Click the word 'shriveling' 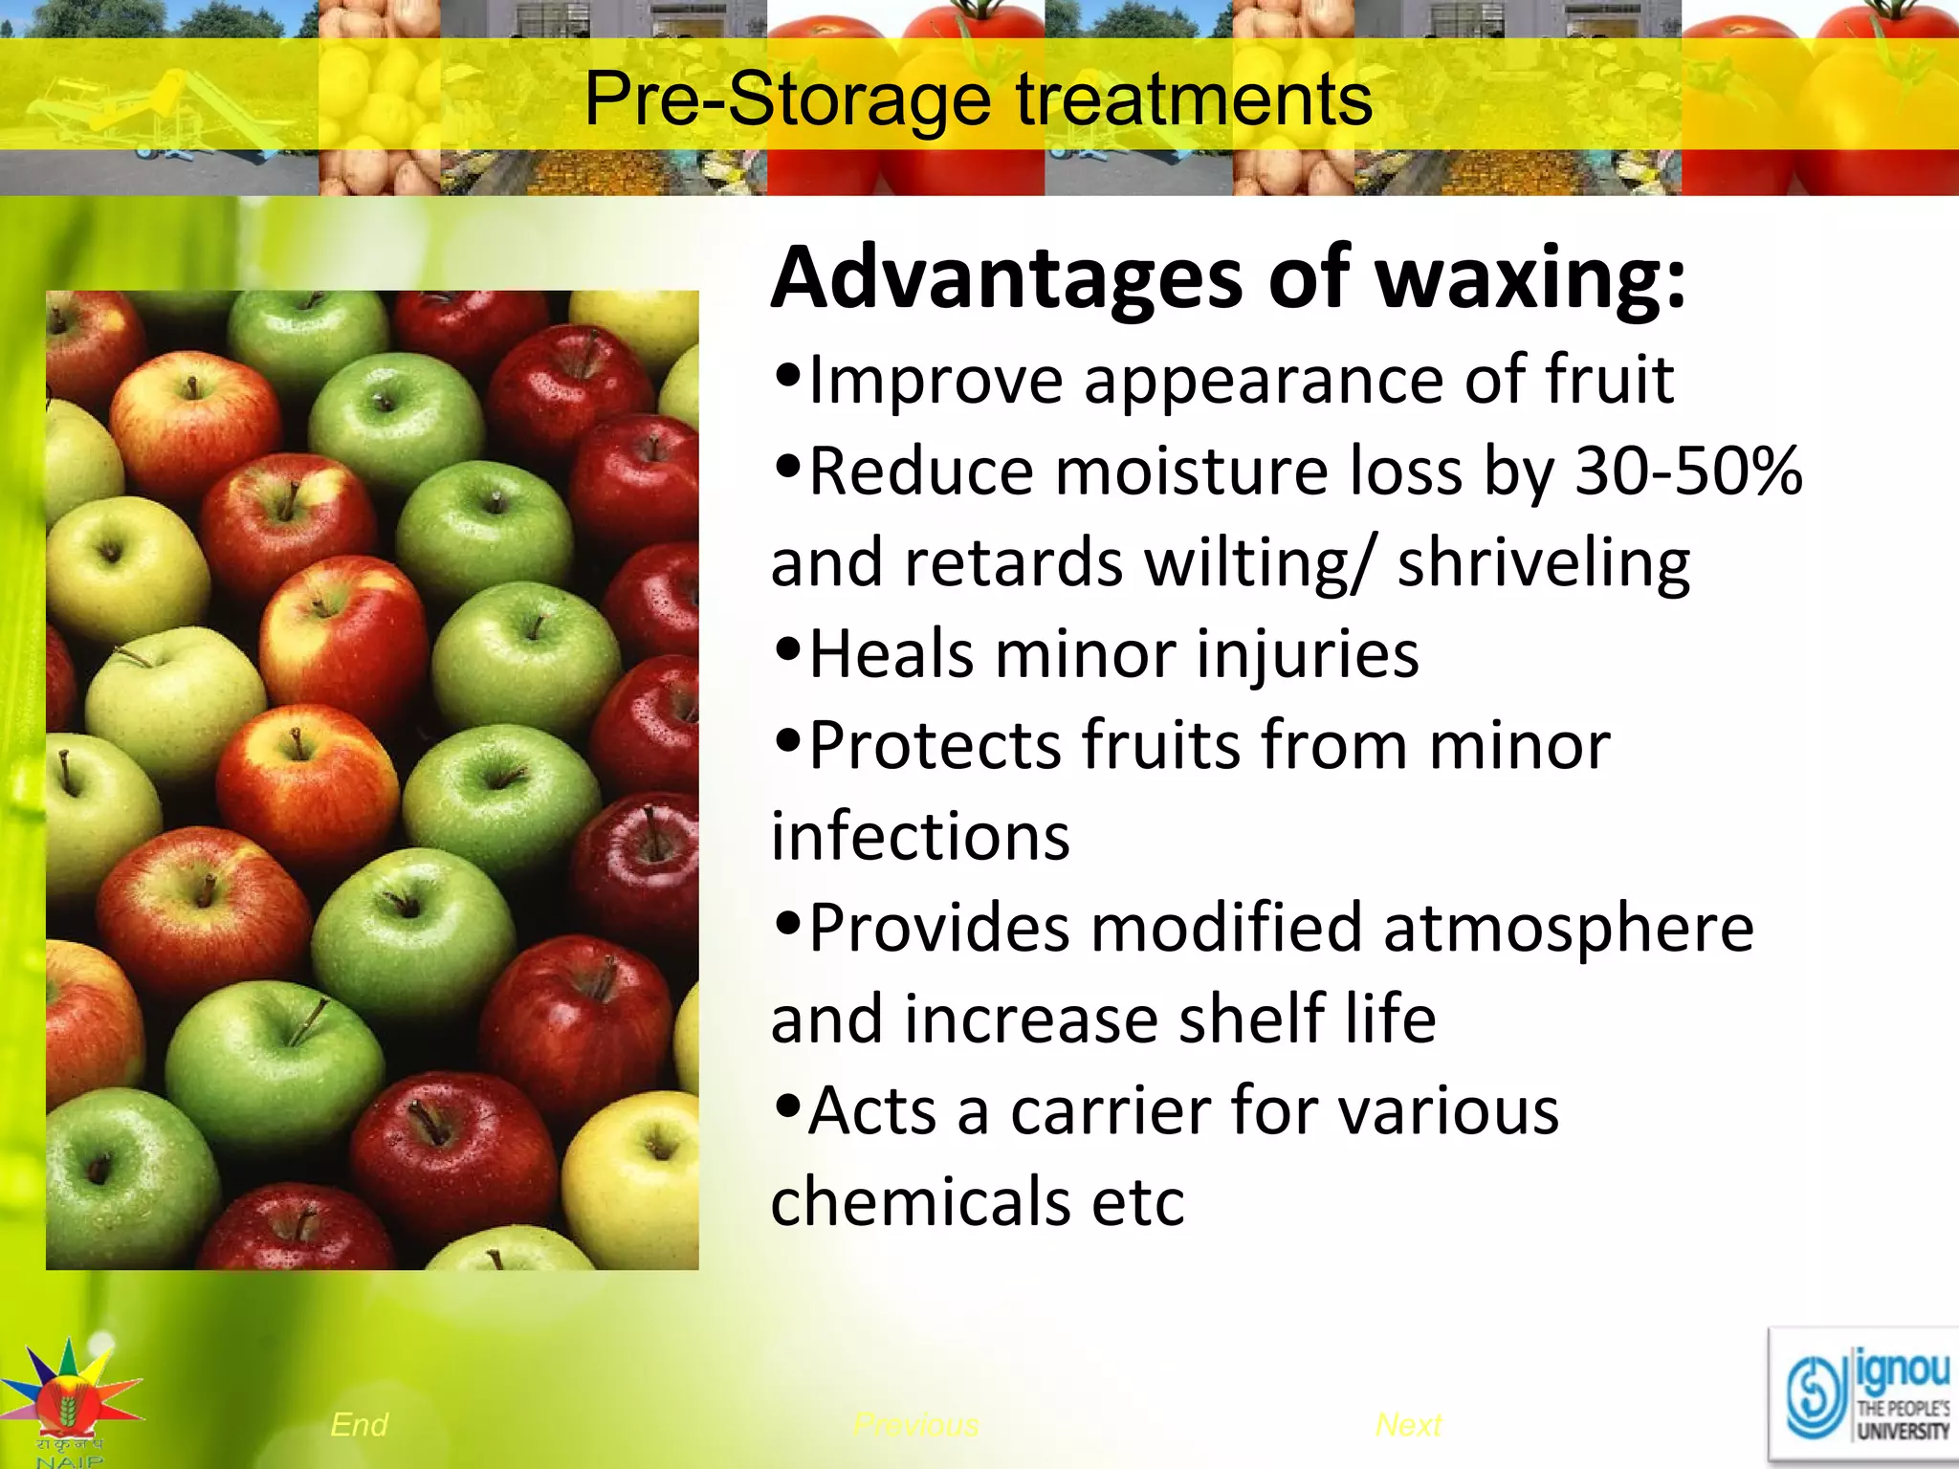(1543, 562)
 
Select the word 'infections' (920, 836)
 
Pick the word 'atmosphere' (1568, 928)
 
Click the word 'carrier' (1110, 1111)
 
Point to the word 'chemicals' (920, 1202)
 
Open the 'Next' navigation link (1408, 1425)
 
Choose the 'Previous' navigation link (915, 1425)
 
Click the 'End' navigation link (359, 1425)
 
